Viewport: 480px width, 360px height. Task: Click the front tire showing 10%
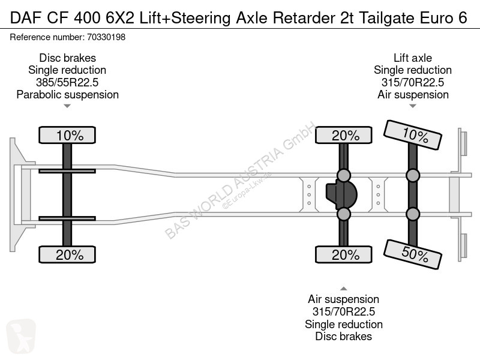(67, 135)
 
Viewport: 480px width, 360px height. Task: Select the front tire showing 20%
(67, 254)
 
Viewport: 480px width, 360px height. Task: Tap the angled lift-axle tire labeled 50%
(412, 254)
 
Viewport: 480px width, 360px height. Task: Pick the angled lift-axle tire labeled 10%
(412, 135)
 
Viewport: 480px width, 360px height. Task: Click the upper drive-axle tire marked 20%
(344, 135)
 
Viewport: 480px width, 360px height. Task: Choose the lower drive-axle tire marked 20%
(344, 254)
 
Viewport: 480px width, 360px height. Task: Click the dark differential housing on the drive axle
(341, 194)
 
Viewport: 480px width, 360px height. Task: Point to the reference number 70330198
(106, 37)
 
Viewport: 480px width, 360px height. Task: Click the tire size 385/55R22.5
(67, 82)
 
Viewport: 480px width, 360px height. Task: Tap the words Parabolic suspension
(67, 95)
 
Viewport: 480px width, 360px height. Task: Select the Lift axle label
(413, 58)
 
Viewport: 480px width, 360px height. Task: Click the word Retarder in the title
(304, 18)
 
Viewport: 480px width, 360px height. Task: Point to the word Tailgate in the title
(386, 18)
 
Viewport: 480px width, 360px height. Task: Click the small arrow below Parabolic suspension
(67, 106)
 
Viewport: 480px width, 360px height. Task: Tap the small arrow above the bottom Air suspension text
(344, 289)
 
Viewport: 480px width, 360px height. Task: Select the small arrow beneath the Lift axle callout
(413, 106)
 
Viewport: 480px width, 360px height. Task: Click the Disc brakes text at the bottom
(343, 337)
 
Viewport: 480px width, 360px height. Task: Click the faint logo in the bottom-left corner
(21, 337)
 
